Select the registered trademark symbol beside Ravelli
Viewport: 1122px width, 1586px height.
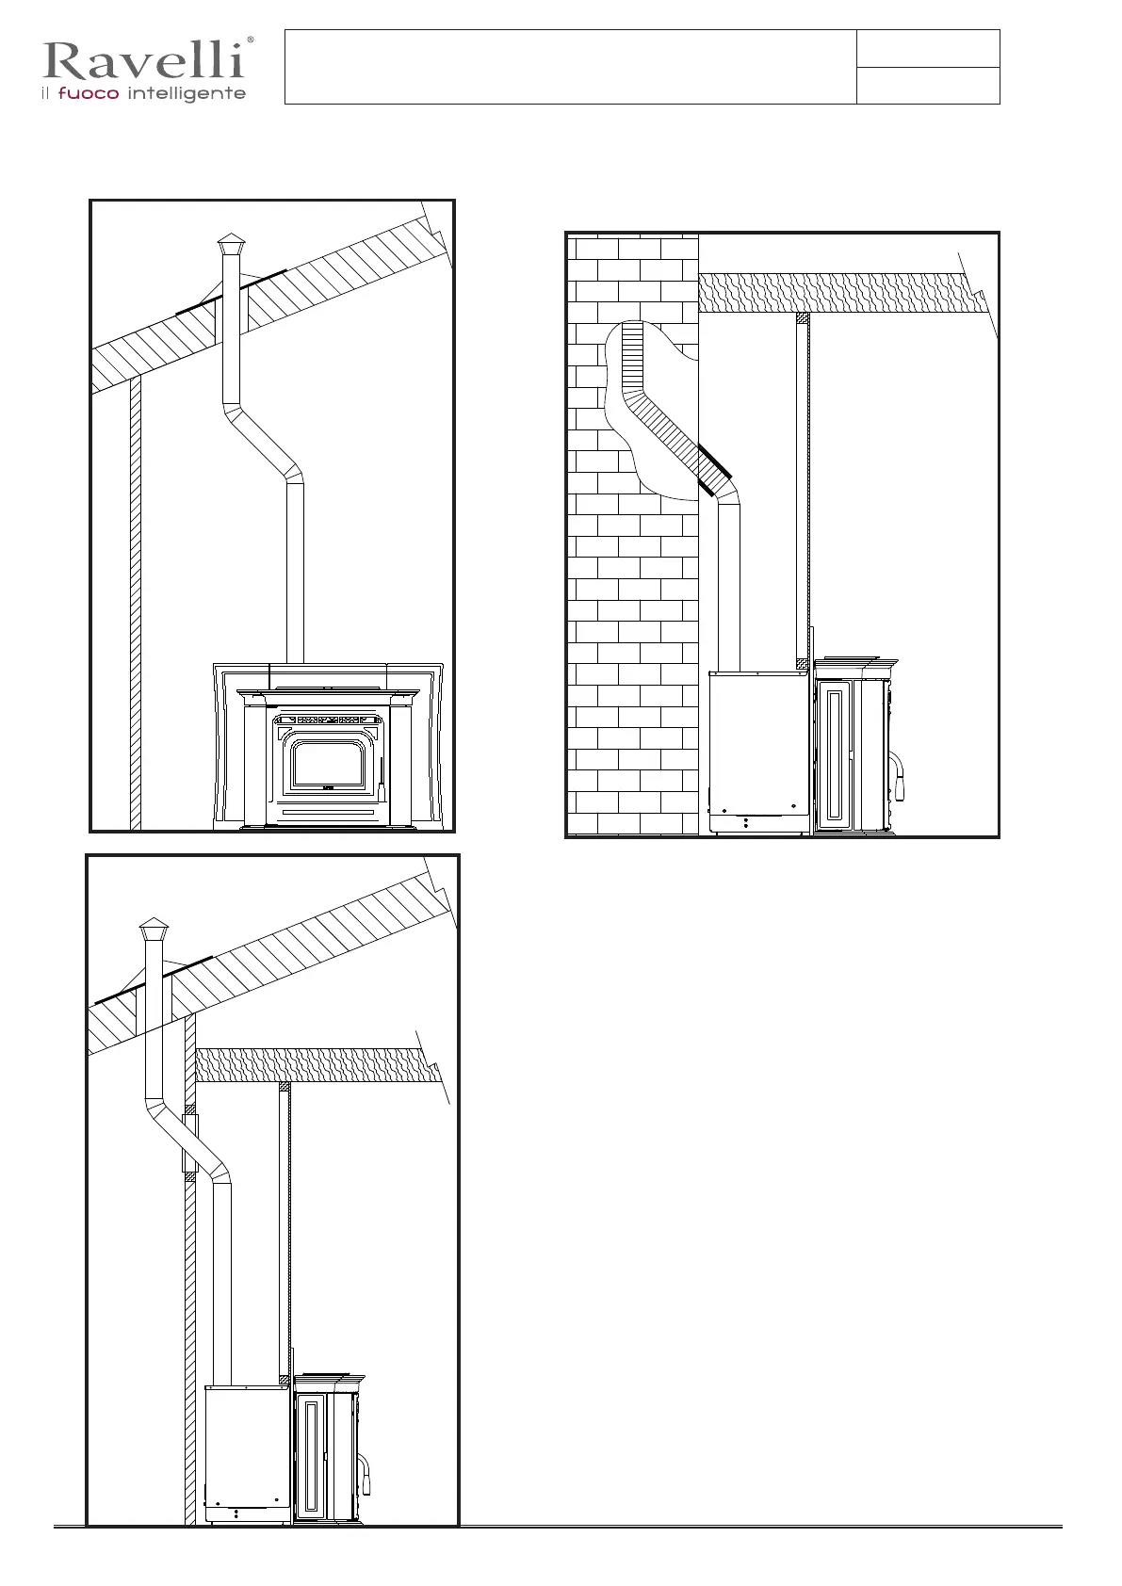click(250, 40)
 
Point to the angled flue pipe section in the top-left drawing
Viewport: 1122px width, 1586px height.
click(263, 444)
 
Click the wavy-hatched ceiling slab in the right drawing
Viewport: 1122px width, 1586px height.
click(838, 293)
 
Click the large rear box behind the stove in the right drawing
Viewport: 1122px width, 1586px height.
click(759, 744)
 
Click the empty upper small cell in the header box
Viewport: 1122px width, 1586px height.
click(928, 48)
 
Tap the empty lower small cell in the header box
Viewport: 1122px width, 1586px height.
click(928, 85)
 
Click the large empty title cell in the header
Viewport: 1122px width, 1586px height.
click(570, 66)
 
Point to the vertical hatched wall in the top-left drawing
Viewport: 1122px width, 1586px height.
click(136, 603)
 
